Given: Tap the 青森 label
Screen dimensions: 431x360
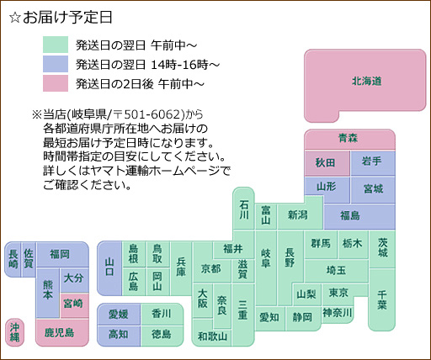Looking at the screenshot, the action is click(348, 138).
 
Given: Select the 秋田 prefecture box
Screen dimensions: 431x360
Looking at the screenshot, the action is click(327, 163).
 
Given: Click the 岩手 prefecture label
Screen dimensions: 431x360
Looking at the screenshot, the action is click(371, 161).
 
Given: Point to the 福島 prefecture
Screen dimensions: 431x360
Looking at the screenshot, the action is click(359, 216).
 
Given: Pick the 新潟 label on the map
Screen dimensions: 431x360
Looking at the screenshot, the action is click(297, 215).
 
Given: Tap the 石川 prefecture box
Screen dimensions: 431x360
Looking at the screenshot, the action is click(244, 209).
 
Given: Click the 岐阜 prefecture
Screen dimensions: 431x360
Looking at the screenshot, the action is click(266, 267).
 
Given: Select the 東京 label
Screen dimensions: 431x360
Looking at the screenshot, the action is click(338, 293).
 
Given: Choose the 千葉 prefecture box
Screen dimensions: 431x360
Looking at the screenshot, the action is click(382, 300).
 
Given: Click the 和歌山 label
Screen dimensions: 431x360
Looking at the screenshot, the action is click(212, 336).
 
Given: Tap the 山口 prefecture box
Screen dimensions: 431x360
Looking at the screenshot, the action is click(109, 268).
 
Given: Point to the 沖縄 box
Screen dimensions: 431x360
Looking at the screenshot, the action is click(15, 332).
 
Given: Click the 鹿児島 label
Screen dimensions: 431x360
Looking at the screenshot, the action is click(59, 333).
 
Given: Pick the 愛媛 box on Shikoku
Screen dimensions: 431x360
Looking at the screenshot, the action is click(119, 315).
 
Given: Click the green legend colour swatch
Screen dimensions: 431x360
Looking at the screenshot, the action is click(56, 45).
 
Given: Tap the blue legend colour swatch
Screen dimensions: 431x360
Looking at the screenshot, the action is click(56, 64).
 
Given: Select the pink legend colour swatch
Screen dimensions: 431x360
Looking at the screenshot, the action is click(56, 83).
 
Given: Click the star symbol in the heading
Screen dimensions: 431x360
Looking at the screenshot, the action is click(15, 18).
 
